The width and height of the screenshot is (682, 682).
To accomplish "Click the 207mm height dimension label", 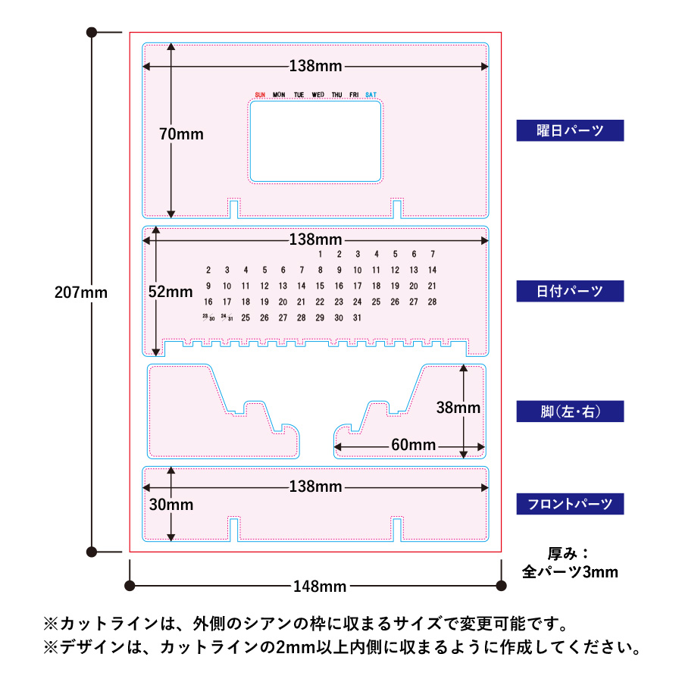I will (x=81, y=292).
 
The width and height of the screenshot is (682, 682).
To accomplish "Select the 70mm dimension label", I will (x=181, y=133).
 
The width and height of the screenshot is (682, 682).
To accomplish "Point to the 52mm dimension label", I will (x=170, y=291).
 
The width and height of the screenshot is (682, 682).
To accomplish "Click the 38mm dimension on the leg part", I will (x=458, y=407).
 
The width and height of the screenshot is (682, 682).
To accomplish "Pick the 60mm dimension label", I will (x=413, y=445).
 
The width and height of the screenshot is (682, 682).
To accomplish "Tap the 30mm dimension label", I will (x=170, y=505).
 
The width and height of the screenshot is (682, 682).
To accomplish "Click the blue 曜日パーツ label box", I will (x=570, y=130).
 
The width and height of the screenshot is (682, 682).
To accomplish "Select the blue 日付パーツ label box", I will (x=570, y=291).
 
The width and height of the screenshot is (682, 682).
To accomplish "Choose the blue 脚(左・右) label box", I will (x=570, y=411).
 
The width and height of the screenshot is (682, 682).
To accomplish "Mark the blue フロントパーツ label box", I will (x=570, y=504).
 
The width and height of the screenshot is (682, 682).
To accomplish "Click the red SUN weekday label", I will (x=260, y=95).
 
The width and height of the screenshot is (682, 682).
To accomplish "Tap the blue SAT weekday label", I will (x=371, y=95).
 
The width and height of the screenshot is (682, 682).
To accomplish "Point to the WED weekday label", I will (x=318, y=95).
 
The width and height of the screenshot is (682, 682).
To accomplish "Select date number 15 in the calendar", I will (x=320, y=286).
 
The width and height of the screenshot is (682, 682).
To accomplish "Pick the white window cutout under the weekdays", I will (x=315, y=142).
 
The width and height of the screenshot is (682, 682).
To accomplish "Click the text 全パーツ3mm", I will (x=570, y=572).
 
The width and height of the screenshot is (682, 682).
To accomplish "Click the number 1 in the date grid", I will (x=321, y=254).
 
